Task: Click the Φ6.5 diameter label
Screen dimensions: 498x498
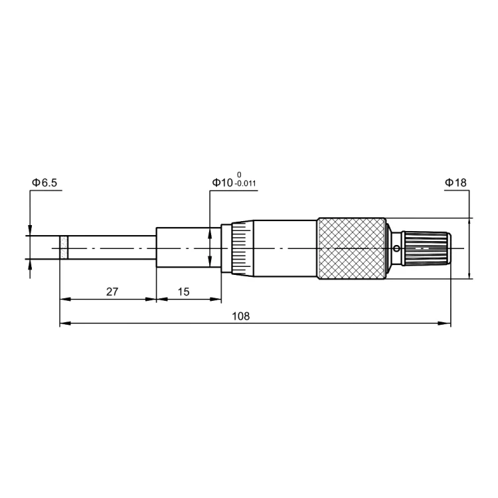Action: pos(44,183)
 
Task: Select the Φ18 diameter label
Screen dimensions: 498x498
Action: pos(456,183)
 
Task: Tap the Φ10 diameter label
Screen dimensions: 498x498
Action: pos(222,183)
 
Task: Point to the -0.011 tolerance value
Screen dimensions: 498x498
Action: pos(245,184)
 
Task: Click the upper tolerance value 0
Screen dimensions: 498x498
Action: pos(239,175)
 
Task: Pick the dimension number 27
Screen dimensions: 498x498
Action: pos(112,291)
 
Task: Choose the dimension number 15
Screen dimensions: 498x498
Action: pos(183,291)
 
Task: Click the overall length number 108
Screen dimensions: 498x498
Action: pos(241,316)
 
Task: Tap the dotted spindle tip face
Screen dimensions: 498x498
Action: pos(64,248)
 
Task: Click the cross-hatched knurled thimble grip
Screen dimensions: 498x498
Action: pos(351,248)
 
